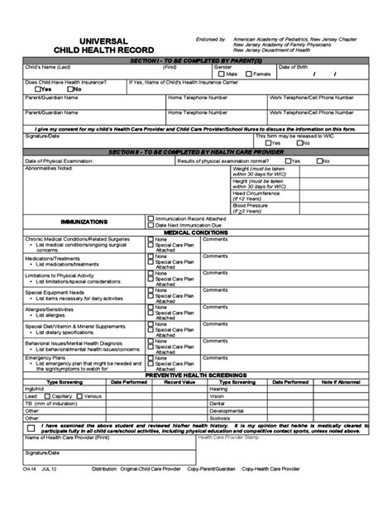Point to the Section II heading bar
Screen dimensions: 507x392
click(x=196, y=152)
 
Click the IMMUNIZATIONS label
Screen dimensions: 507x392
click(x=85, y=222)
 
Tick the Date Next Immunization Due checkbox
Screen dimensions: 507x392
click(x=151, y=225)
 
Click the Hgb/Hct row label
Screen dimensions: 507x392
click(x=36, y=388)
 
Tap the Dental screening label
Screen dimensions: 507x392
click(x=218, y=402)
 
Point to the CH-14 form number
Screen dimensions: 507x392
click(x=31, y=492)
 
